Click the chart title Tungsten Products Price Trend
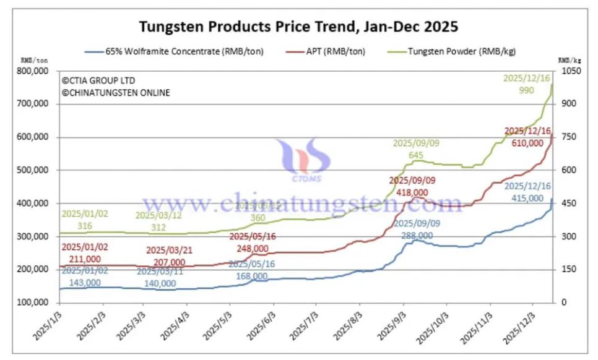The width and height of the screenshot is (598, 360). pos(298,27)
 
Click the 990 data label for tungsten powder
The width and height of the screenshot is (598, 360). pos(526,90)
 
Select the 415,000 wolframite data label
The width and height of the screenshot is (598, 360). pos(528,198)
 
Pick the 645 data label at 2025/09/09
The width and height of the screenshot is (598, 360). pos(416,155)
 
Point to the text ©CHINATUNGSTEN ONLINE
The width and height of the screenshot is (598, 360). pos(116,93)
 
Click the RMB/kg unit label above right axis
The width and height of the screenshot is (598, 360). pos(569,61)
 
